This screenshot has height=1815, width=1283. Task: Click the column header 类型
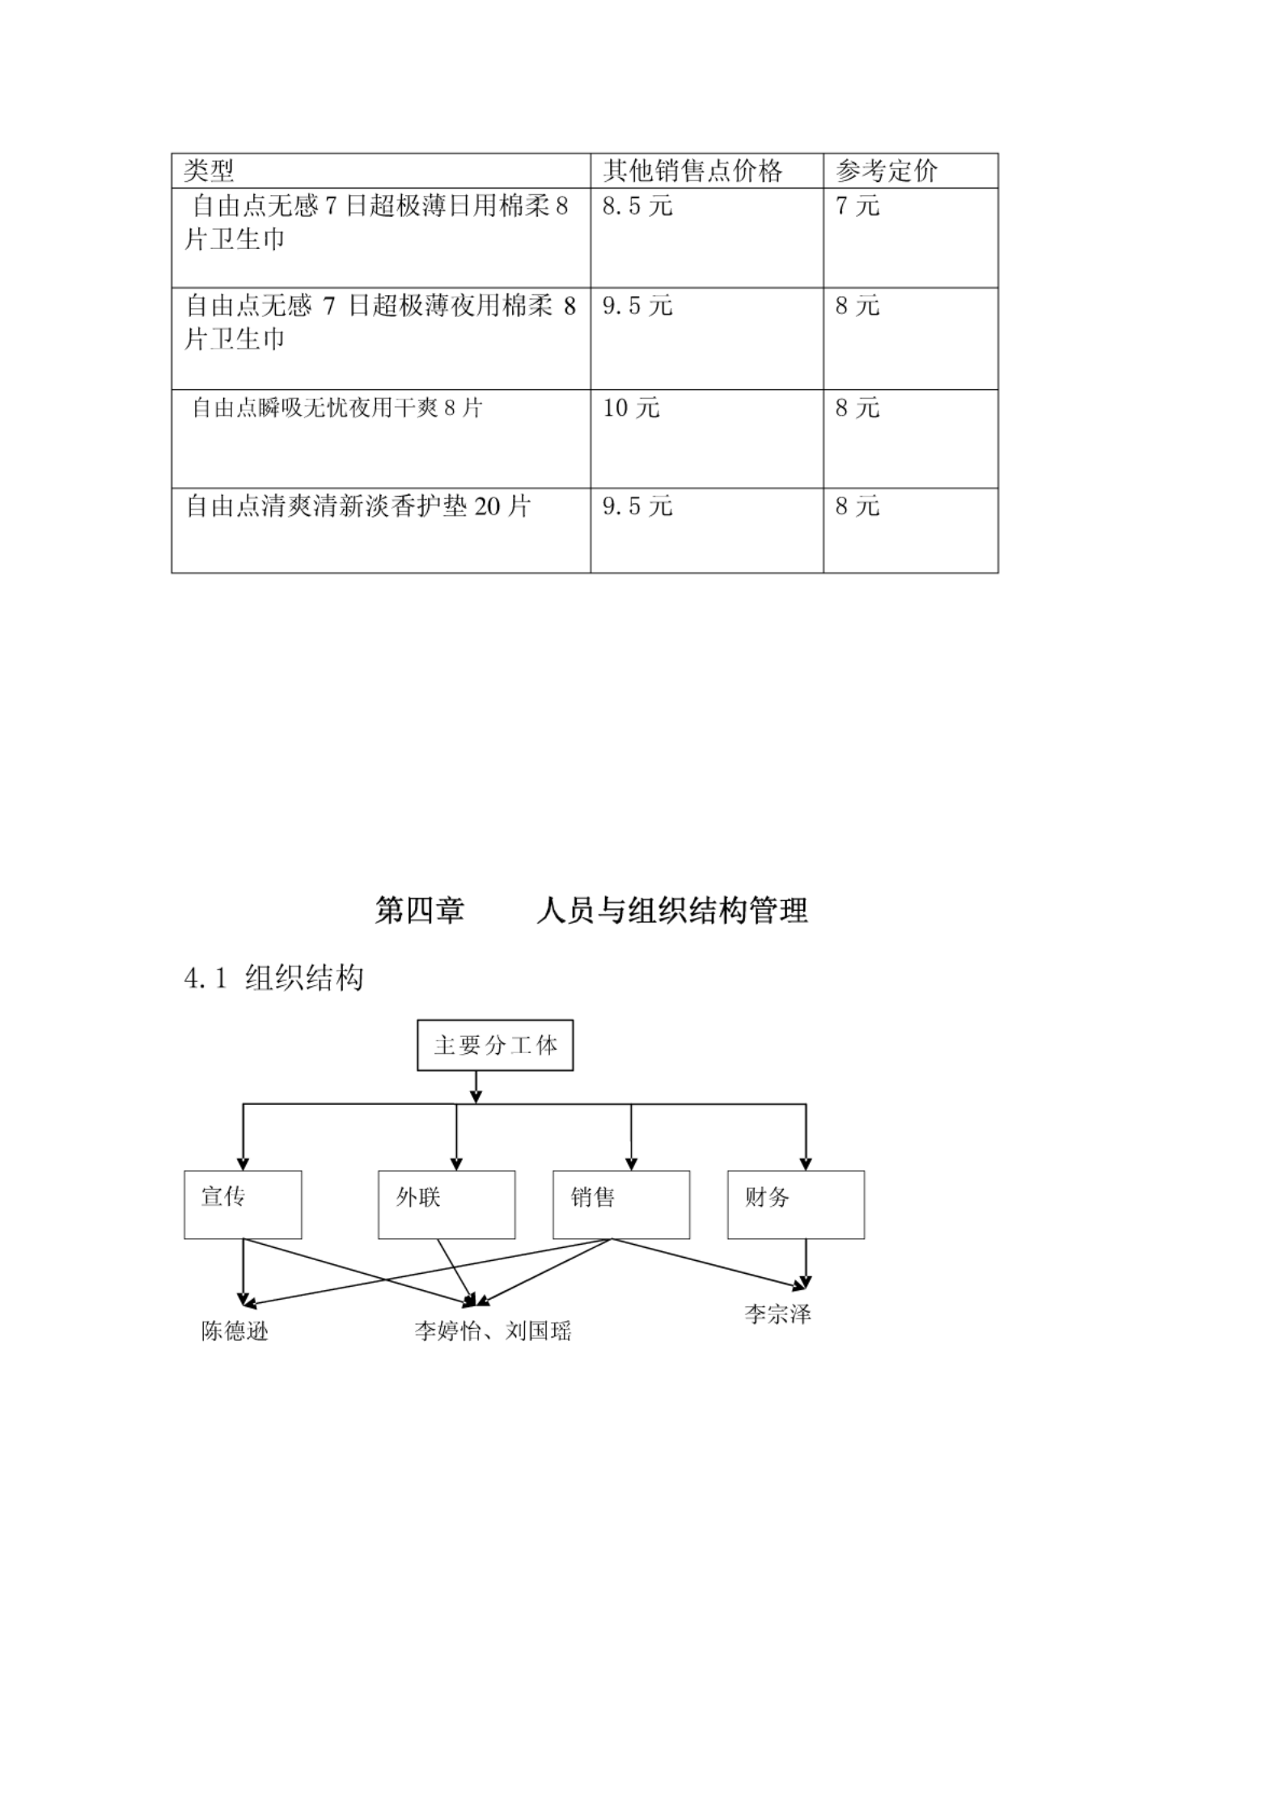click(x=209, y=171)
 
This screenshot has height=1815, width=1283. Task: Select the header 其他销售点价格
click(x=692, y=171)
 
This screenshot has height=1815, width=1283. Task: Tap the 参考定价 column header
click(x=886, y=171)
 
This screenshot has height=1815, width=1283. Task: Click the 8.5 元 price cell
click(x=637, y=206)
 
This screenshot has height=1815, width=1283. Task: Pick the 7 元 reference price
click(x=857, y=206)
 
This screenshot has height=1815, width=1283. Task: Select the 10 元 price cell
click(x=631, y=408)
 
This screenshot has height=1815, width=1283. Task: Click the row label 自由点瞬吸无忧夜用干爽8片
click(x=337, y=408)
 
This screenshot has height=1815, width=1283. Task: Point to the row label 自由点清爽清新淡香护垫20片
click(x=358, y=506)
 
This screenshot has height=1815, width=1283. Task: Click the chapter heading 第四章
click(x=419, y=911)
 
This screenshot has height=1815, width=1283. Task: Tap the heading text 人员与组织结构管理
click(x=671, y=911)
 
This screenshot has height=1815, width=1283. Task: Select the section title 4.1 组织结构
click(x=274, y=978)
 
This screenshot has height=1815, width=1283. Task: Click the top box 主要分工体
click(x=495, y=1045)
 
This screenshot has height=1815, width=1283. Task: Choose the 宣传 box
click(x=243, y=1204)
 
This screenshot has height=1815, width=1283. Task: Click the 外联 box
click(x=447, y=1204)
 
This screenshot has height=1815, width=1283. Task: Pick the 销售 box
click(x=621, y=1204)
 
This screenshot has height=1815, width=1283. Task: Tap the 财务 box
click(x=796, y=1204)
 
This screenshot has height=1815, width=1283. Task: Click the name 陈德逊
click(x=235, y=1331)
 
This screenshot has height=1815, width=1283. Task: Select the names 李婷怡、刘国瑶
click(x=493, y=1331)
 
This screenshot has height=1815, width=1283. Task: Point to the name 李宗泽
click(x=777, y=1314)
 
